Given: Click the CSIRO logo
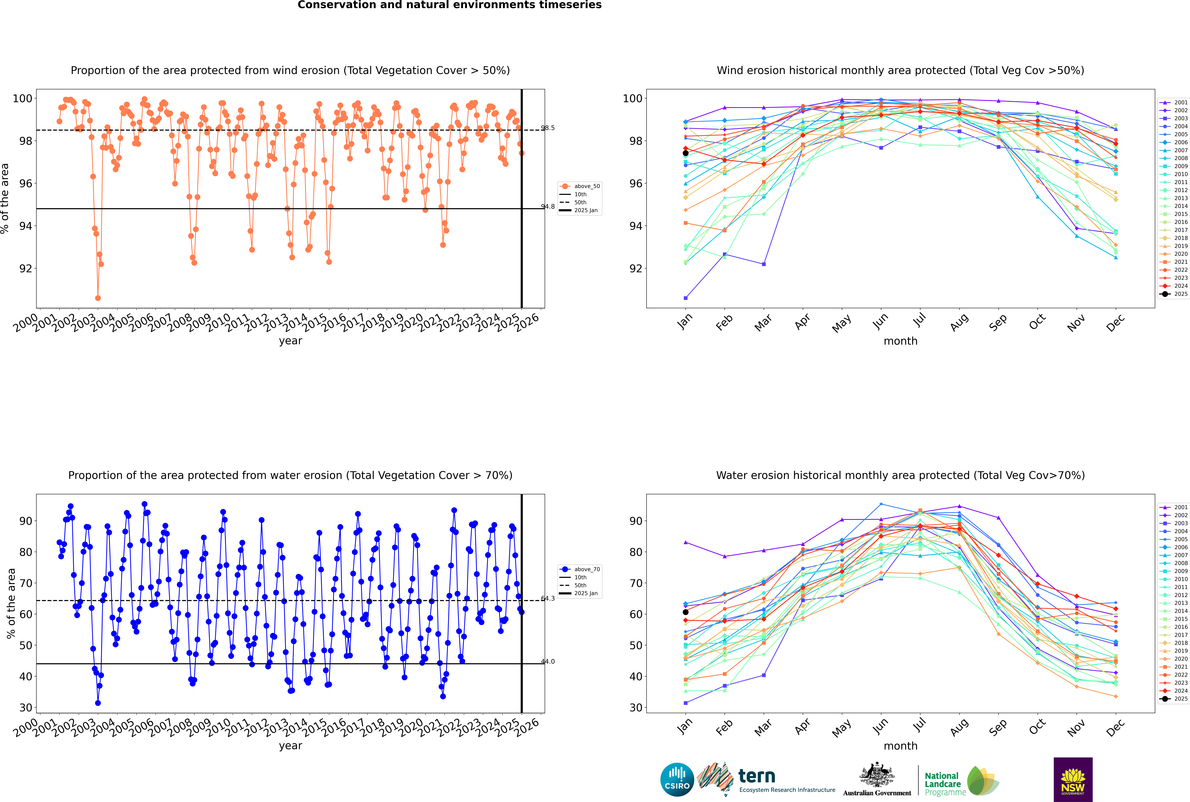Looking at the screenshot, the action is coord(677,780).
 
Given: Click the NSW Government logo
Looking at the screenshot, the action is coord(1073,780).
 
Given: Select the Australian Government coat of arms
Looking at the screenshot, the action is coord(877,774).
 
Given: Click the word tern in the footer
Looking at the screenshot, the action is coord(757,776).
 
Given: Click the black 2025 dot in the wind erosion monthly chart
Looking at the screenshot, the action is coord(686,153).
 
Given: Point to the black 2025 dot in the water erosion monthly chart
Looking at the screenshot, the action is coord(686,612).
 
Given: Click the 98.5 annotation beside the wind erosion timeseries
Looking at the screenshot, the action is coord(548,128).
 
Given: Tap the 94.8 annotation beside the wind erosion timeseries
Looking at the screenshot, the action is coord(548,207).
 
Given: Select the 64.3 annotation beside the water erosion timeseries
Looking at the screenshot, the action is coord(548,598).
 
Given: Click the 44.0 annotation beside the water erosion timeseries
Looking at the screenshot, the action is coord(548,661).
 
